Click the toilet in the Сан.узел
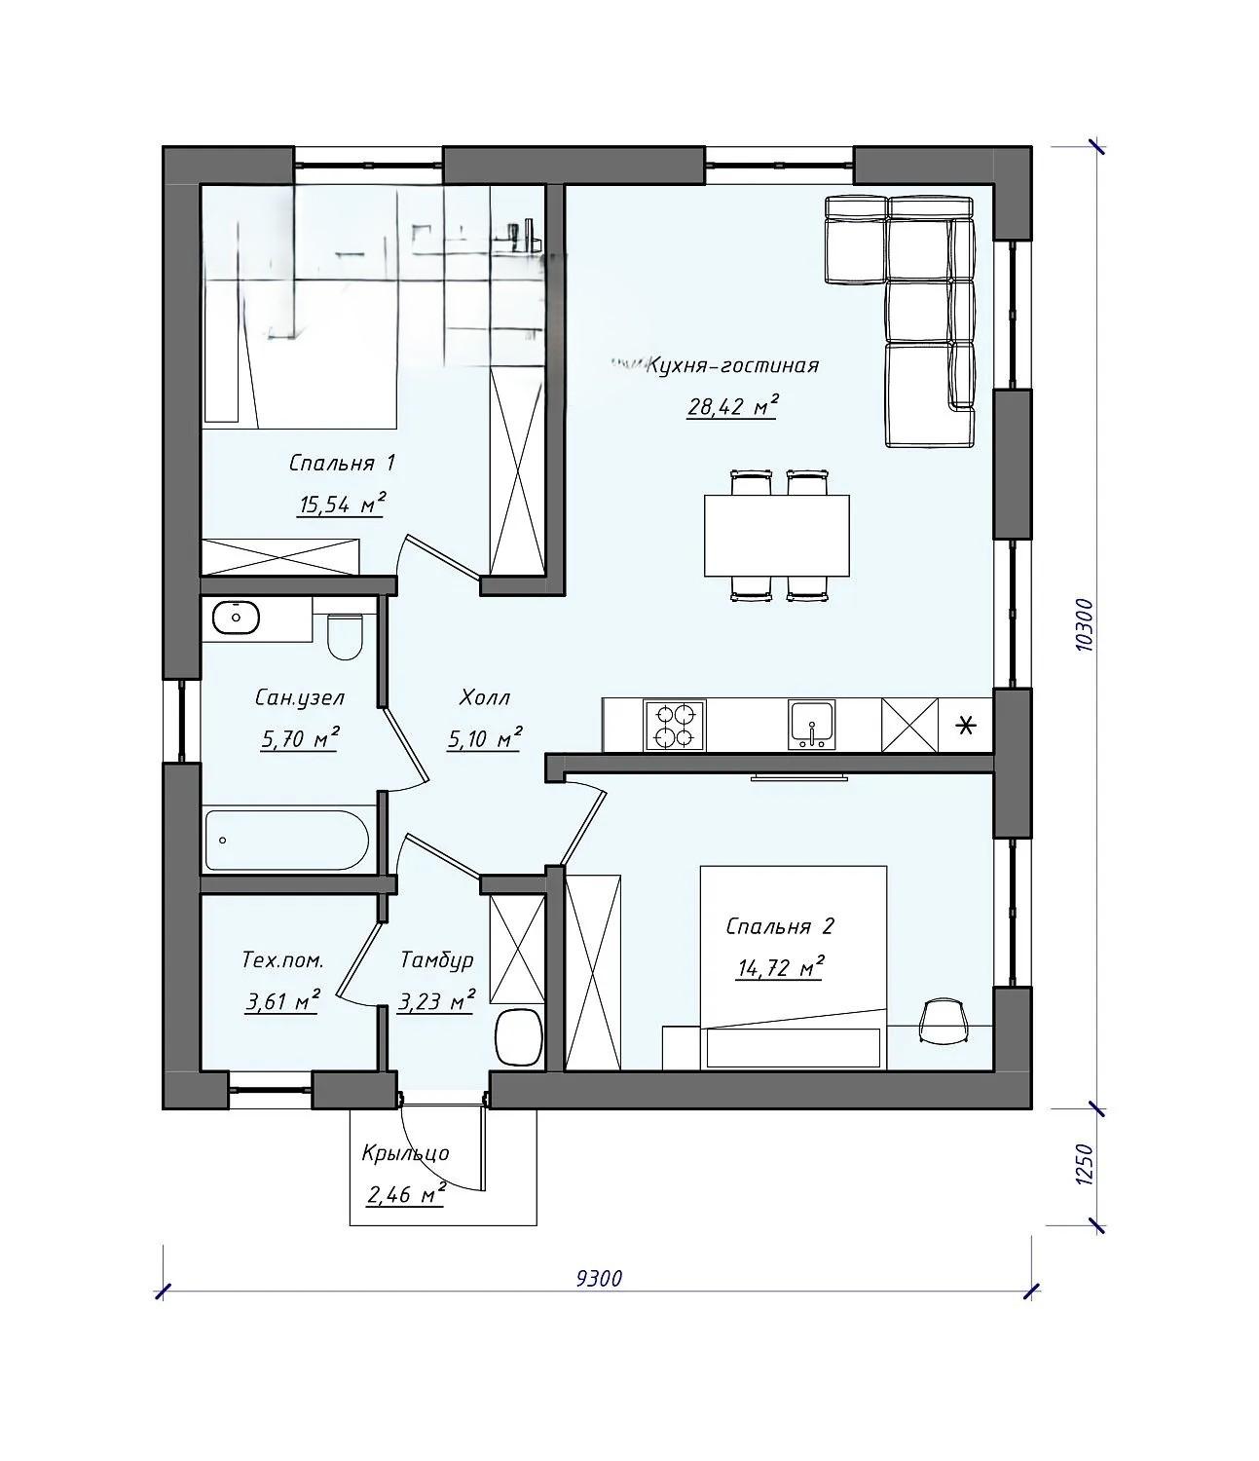pos(346,635)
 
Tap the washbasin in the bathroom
pos(236,618)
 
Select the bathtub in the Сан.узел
pos(287,840)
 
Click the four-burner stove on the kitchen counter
pos(674,726)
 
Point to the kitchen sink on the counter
pos(812,725)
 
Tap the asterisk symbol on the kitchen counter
pos(966,726)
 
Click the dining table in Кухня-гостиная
pos(776,535)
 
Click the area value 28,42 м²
pos(732,406)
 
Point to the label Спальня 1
pos(342,464)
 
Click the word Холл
pos(484,698)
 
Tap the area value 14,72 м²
pos(780,967)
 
